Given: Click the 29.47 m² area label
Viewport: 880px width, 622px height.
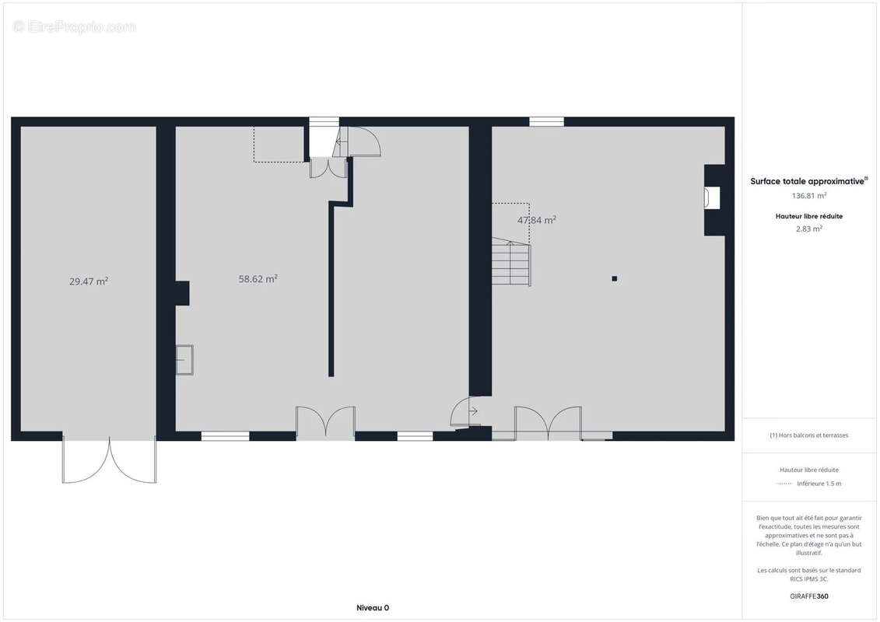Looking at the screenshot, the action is tap(89, 281).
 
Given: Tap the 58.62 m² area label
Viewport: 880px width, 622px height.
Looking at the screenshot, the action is tap(258, 279).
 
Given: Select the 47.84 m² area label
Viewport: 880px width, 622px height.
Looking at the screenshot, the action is tap(537, 220).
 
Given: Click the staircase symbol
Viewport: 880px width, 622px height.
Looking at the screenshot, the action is tap(511, 262).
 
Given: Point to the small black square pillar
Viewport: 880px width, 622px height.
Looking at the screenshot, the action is tap(615, 279).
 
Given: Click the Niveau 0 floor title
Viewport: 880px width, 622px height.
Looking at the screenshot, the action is tap(373, 608).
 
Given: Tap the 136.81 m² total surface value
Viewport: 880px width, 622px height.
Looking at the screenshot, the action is tap(808, 196).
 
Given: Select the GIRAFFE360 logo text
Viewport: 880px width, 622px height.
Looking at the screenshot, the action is tap(808, 596).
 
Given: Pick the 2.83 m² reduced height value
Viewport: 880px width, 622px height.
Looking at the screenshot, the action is tap(808, 229).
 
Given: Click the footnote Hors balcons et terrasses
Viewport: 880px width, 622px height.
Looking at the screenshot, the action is tap(808, 435).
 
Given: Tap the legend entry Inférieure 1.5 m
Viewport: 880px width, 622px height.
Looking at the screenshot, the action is tap(819, 484).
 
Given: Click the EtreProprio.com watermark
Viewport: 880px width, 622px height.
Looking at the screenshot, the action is tap(74, 26).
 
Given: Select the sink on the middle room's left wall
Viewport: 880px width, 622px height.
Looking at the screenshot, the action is tap(184, 359).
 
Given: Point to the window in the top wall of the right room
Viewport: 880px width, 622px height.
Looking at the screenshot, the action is tap(547, 122).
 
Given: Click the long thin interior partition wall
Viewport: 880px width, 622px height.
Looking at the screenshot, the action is tap(331, 289).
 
